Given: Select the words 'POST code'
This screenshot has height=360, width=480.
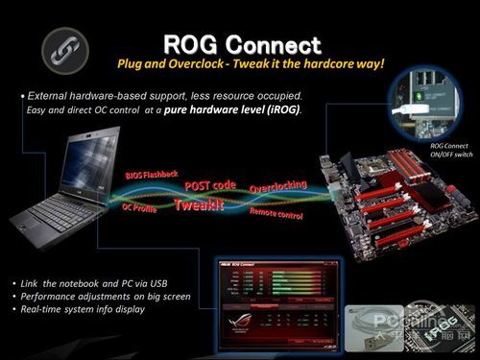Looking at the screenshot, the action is click(x=210, y=184).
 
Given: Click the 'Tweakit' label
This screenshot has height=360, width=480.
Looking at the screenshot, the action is click(x=199, y=204).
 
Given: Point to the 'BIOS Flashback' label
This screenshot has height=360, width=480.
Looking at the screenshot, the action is click(x=151, y=176).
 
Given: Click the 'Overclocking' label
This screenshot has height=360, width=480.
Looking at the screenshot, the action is click(x=277, y=184).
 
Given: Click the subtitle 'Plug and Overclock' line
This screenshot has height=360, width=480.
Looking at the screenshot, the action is click(x=250, y=63).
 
